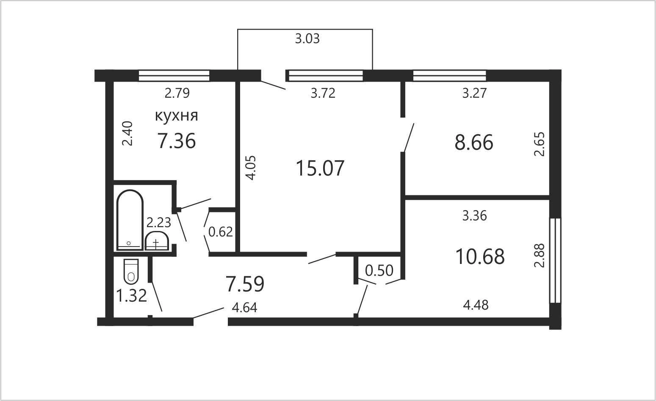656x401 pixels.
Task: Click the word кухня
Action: pyautogui.click(x=176, y=116)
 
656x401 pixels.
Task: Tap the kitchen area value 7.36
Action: pyautogui.click(x=176, y=141)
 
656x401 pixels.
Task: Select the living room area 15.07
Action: pyautogui.click(x=320, y=168)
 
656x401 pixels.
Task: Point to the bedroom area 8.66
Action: pyautogui.click(x=474, y=143)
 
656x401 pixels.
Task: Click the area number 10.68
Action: pyautogui.click(x=480, y=256)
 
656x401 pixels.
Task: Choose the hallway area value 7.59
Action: pyautogui.click(x=245, y=284)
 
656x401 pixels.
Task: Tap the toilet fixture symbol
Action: pyautogui.click(x=131, y=272)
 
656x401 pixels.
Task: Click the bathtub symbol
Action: pyautogui.click(x=130, y=220)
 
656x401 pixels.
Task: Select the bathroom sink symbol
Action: pyautogui.click(x=157, y=241)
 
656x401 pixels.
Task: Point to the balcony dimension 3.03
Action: pyautogui.click(x=307, y=38)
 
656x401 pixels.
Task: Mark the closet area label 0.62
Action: pyautogui.click(x=221, y=232)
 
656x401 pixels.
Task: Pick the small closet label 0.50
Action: pyautogui.click(x=379, y=271)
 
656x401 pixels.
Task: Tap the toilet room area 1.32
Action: pyautogui.click(x=131, y=295)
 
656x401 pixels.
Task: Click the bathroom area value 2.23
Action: pyautogui.click(x=158, y=222)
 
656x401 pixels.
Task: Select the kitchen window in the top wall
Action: pyautogui.click(x=174, y=75)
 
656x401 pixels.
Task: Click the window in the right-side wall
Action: pyautogui.click(x=555, y=260)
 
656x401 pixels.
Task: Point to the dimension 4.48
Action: pyautogui.click(x=476, y=305)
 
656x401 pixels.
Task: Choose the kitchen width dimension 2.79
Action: pyautogui.click(x=177, y=93)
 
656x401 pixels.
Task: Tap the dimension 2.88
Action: pyautogui.click(x=539, y=255)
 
